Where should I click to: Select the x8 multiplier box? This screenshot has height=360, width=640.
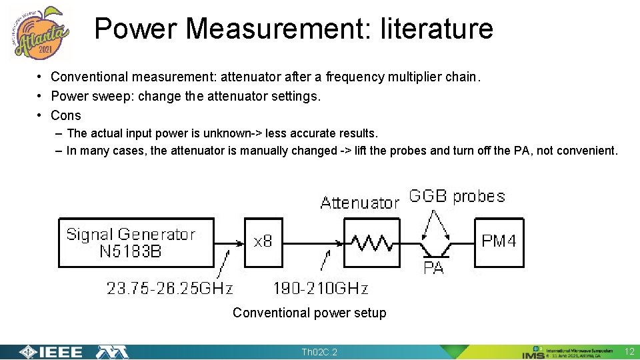tap(263, 242)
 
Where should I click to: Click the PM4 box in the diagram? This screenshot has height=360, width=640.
tap(499, 242)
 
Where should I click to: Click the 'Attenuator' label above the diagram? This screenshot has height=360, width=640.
tap(359, 203)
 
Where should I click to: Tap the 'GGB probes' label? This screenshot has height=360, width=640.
tap(457, 197)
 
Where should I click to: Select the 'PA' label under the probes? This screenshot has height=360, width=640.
tap(433, 268)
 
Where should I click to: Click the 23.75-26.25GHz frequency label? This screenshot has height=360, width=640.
tap(170, 289)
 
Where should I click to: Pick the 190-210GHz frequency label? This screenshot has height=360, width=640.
tap(321, 289)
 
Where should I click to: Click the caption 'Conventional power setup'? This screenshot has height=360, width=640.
tap(309, 313)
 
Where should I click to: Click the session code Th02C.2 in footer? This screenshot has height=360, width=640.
tap(319, 352)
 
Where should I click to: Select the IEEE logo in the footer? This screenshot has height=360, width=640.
tap(51, 352)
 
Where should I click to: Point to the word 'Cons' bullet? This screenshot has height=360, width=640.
tap(66, 115)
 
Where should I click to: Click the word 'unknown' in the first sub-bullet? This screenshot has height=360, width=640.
tap(223, 133)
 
